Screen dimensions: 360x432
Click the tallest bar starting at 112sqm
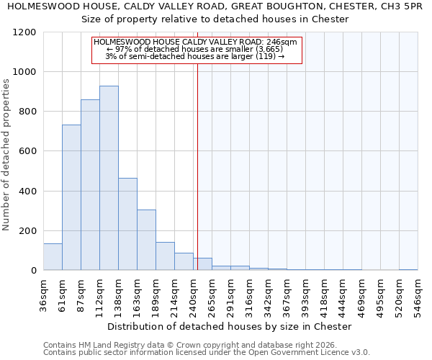pos(109,178)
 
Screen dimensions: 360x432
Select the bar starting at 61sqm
pos(71,197)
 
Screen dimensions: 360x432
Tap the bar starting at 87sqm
pos(90,185)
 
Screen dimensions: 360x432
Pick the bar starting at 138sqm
pos(127,224)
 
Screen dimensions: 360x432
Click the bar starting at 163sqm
pos(146,240)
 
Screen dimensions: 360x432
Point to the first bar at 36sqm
pos(53,257)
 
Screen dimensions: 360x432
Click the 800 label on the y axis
pos(27,112)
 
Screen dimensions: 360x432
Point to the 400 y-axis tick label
pos(27,192)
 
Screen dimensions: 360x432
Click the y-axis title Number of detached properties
pos(6,156)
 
